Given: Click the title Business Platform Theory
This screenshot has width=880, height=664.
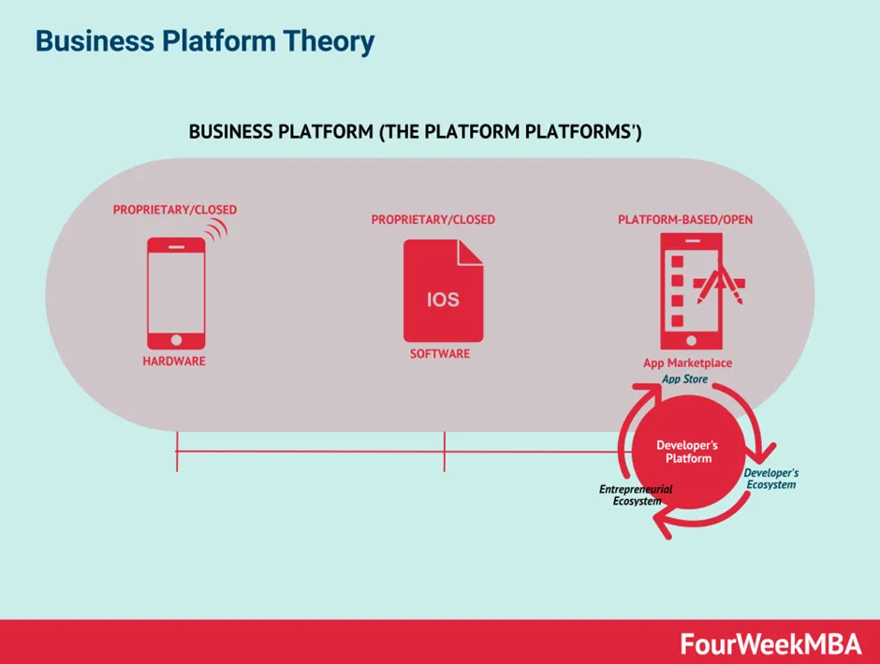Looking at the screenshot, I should coord(204,41).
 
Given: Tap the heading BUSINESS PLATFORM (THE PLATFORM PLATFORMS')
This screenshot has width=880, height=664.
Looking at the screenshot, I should coord(415,132).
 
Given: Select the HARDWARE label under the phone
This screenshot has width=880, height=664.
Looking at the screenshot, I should coord(174,362).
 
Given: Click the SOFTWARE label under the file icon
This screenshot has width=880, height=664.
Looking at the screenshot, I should coord(440,354).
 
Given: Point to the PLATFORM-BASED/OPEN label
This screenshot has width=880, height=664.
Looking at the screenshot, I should coord(685,220).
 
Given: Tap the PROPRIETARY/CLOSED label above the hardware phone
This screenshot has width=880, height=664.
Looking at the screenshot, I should coord(174,210).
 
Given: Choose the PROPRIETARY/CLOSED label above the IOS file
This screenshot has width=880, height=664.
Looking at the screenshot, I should coord(433,220).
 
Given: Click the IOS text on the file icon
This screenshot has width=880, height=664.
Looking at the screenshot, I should coord(443,301).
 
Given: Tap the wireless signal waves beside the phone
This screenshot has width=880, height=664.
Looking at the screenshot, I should coord(217,230).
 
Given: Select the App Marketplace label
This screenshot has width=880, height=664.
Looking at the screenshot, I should coord(687,363).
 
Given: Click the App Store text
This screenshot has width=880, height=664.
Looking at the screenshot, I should coord(685,379).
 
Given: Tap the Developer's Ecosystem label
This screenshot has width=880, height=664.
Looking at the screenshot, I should coord(770,479).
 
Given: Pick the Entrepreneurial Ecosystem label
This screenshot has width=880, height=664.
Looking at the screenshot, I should coord(636,494).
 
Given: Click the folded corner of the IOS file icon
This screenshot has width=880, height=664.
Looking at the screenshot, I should coord(471,250).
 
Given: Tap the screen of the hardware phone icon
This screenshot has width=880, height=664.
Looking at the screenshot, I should coord(176,288).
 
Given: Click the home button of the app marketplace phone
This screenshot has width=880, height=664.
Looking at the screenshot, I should coord(691,339).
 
